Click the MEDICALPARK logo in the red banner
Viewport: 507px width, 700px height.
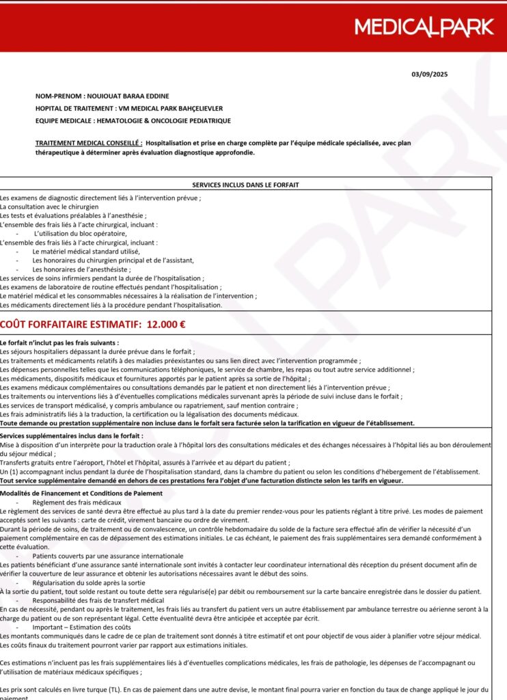424,27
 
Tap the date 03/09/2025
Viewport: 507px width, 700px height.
430,74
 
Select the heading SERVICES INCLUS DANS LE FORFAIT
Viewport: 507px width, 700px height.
245,185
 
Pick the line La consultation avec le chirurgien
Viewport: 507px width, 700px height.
49,206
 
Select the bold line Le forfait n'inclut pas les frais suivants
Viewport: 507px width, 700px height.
59,342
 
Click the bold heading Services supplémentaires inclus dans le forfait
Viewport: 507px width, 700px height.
72,435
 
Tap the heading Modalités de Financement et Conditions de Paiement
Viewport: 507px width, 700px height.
81,493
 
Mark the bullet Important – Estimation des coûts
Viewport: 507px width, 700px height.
81,626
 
